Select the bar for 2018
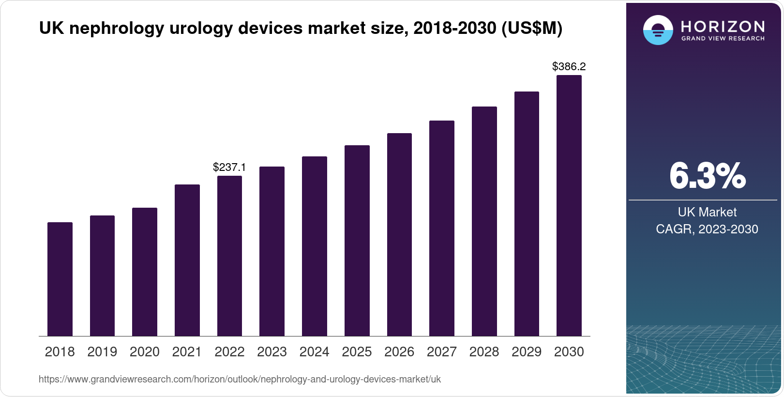coord(60,279)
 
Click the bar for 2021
coord(187,260)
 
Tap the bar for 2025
coord(357,241)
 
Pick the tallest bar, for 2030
coord(569,206)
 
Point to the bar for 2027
coord(442,229)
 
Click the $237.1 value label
coord(229,168)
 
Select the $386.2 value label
coord(569,67)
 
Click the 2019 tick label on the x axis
coord(102,352)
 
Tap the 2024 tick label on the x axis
coord(315,352)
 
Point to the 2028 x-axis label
coord(484,352)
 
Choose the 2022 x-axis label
coord(229,352)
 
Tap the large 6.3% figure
coord(707,176)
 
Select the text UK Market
coord(707,212)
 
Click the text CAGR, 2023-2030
coord(707,229)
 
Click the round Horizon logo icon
coord(658,31)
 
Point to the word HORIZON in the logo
coord(723,26)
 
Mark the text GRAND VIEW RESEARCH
coord(723,39)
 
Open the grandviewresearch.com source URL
coord(240,380)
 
